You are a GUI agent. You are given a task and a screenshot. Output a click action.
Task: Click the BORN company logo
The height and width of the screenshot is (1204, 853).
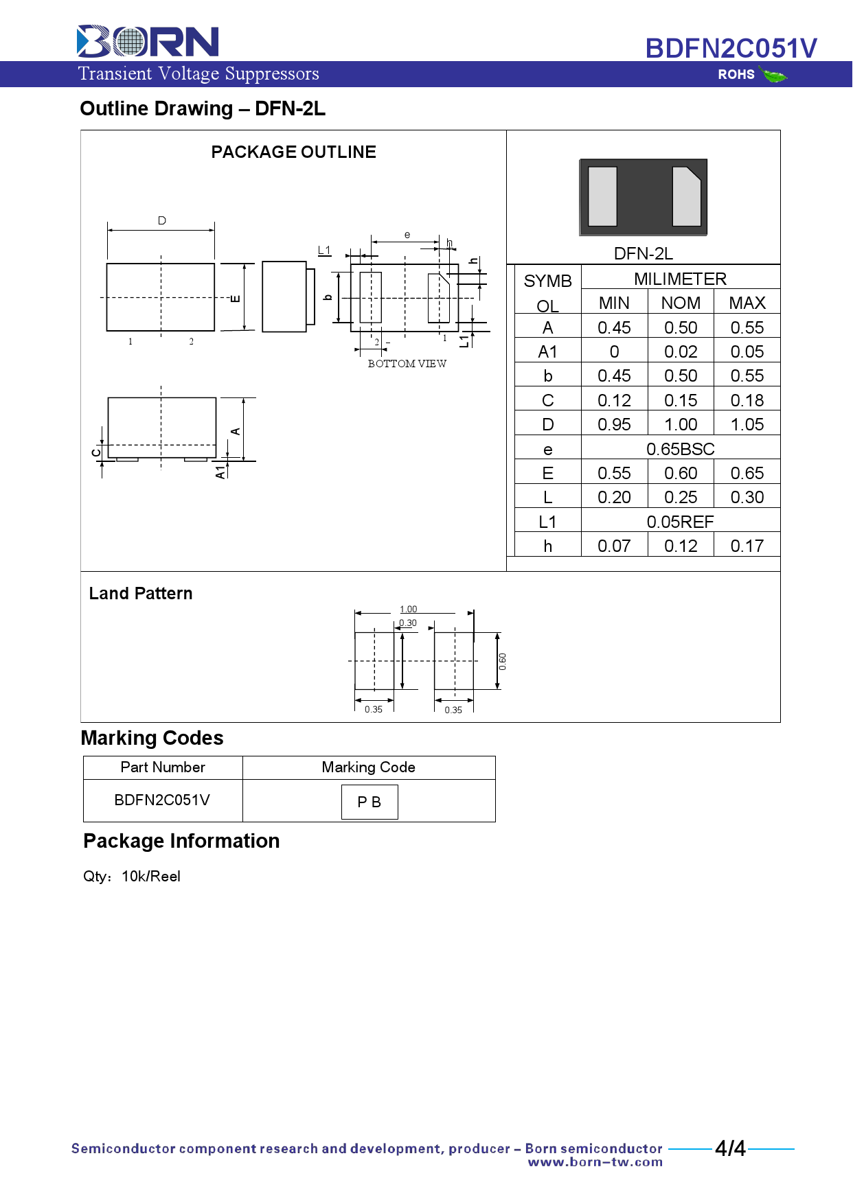click(x=148, y=41)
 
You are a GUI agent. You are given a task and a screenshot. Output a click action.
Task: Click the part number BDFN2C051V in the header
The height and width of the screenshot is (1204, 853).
click(x=731, y=49)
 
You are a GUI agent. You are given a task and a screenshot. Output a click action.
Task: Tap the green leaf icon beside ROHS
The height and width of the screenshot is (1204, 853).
click(x=774, y=75)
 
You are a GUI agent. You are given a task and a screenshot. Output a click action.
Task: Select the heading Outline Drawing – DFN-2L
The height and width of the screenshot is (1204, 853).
click(x=203, y=109)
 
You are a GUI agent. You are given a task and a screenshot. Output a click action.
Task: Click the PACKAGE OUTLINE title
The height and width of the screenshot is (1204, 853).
click(x=293, y=152)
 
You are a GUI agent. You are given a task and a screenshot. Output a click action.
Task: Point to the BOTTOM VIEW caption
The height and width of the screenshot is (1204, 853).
click(x=407, y=364)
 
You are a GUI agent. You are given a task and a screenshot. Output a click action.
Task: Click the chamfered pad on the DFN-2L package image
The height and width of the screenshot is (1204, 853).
click(x=686, y=196)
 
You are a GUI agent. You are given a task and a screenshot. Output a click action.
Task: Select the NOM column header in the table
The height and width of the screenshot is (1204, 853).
click(x=681, y=303)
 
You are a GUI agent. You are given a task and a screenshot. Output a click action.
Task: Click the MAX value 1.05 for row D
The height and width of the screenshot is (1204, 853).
click(x=747, y=425)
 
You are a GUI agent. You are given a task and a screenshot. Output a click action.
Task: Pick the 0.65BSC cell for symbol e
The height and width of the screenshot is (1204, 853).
click(x=680, y=450)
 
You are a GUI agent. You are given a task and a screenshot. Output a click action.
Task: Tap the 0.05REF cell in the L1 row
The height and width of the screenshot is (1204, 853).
click(x=680, y=522)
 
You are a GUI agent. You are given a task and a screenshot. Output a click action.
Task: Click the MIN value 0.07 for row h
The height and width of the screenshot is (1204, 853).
click(x=614, y=546)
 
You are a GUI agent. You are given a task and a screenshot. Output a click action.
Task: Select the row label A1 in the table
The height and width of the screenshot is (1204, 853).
click(x=547, y=352)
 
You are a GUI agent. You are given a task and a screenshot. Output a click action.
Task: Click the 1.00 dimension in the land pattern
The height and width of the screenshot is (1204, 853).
click(x=408, y=610)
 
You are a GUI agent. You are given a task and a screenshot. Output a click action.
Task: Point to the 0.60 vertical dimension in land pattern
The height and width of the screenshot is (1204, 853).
click(x=503, y=662)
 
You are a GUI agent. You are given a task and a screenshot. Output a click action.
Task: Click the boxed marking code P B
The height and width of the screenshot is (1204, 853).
click(x=369, y=802)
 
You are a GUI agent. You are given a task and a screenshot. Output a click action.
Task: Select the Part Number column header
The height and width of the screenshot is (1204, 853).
click(x=163, y=767)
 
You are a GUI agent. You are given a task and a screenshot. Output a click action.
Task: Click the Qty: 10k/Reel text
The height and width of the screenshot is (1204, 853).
click(x=132, y=877)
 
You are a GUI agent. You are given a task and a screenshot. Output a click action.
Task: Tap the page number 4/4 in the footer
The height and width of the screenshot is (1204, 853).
click(x=730, y=1148)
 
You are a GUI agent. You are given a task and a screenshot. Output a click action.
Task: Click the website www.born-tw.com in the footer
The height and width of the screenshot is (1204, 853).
click(x=595, y=1162)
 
